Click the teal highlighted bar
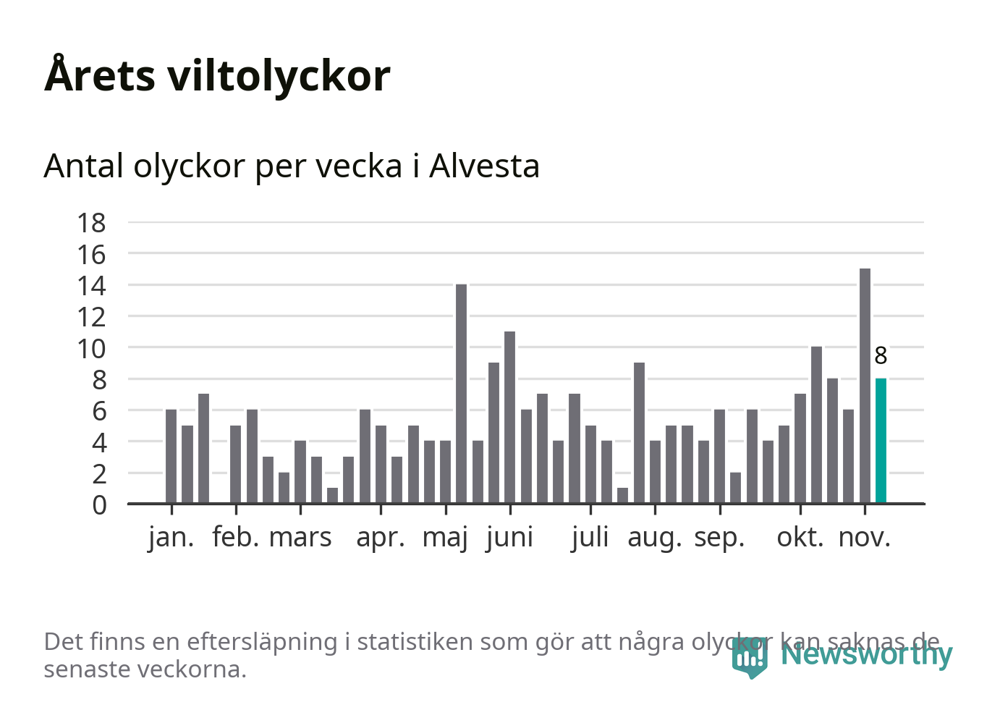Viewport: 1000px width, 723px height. [881, 440]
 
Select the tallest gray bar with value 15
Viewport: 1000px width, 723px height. [865, 386]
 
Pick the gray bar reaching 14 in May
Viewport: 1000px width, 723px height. [461, 394]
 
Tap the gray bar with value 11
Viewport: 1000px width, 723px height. [509, 417]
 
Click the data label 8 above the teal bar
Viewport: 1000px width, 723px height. [881, 356]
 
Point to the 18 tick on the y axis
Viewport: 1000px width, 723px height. [91, 223]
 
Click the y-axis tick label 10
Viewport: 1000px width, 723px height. [91, 349]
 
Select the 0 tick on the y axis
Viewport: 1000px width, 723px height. [99, 504]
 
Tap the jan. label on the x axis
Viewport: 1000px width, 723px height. [171, 538]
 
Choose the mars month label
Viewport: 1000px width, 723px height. [300, 538]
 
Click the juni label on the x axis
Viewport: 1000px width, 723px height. [509, 538]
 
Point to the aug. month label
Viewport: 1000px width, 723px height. [654, 538]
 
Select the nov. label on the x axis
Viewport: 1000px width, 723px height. [864, 538]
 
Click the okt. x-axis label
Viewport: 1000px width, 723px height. [800, 538]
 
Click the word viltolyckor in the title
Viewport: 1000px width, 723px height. [279, 75]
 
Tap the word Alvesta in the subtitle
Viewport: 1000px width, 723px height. [484, 166]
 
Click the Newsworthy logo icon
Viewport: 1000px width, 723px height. [749, 657]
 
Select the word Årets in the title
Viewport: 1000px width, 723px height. [100, 75]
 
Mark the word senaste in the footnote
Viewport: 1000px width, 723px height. [88, 669]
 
